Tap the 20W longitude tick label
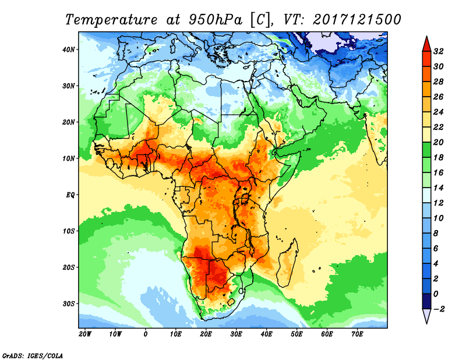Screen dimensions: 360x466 [84, 334]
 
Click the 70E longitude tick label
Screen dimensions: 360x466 [357, 334]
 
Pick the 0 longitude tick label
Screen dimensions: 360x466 [146, 334]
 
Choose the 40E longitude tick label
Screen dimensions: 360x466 [266, 334]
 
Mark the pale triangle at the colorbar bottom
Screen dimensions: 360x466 [426, 316]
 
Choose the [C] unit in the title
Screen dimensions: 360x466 [262, 19]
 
